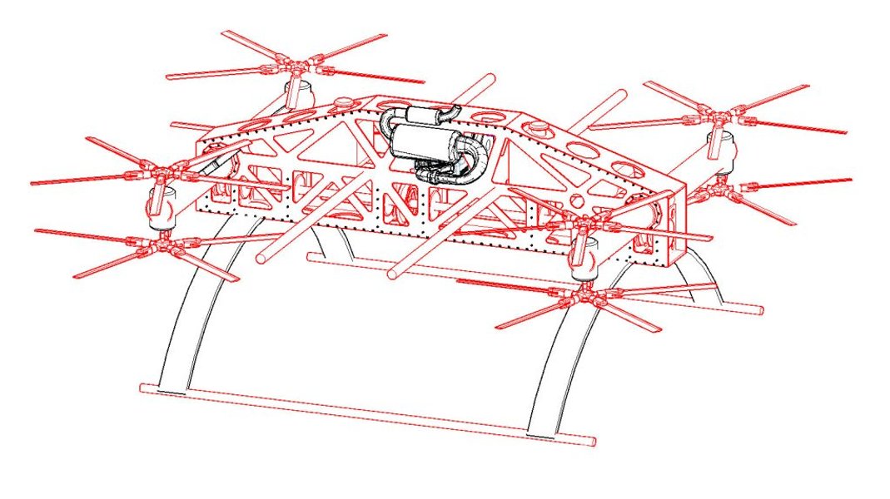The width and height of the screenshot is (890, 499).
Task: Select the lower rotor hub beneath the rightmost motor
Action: [x=718, y=191]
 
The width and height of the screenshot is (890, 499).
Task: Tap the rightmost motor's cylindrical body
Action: [x=719, y=150]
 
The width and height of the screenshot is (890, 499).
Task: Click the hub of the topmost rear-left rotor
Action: [x=291, y=62]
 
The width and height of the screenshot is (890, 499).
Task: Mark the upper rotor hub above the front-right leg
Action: [x=583, y=223]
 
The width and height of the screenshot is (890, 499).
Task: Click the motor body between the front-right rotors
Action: [x=583, y=258]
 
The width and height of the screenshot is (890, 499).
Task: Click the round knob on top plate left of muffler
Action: [x=342, y=105]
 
